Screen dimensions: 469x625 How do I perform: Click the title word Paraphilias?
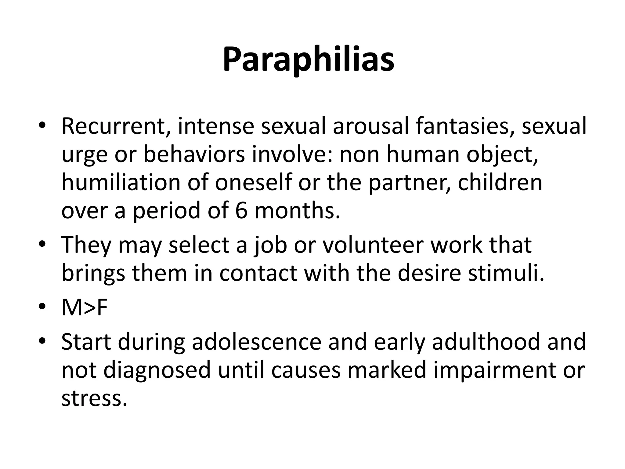click(x=308, y=60)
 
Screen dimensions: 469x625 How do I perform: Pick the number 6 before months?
click(x=241, y=211)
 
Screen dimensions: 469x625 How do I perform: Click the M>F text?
click(x=85, y=308)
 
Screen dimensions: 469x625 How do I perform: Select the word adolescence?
click(x=256, y=342)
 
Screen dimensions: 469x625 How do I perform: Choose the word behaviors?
click(x=194, y=155)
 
